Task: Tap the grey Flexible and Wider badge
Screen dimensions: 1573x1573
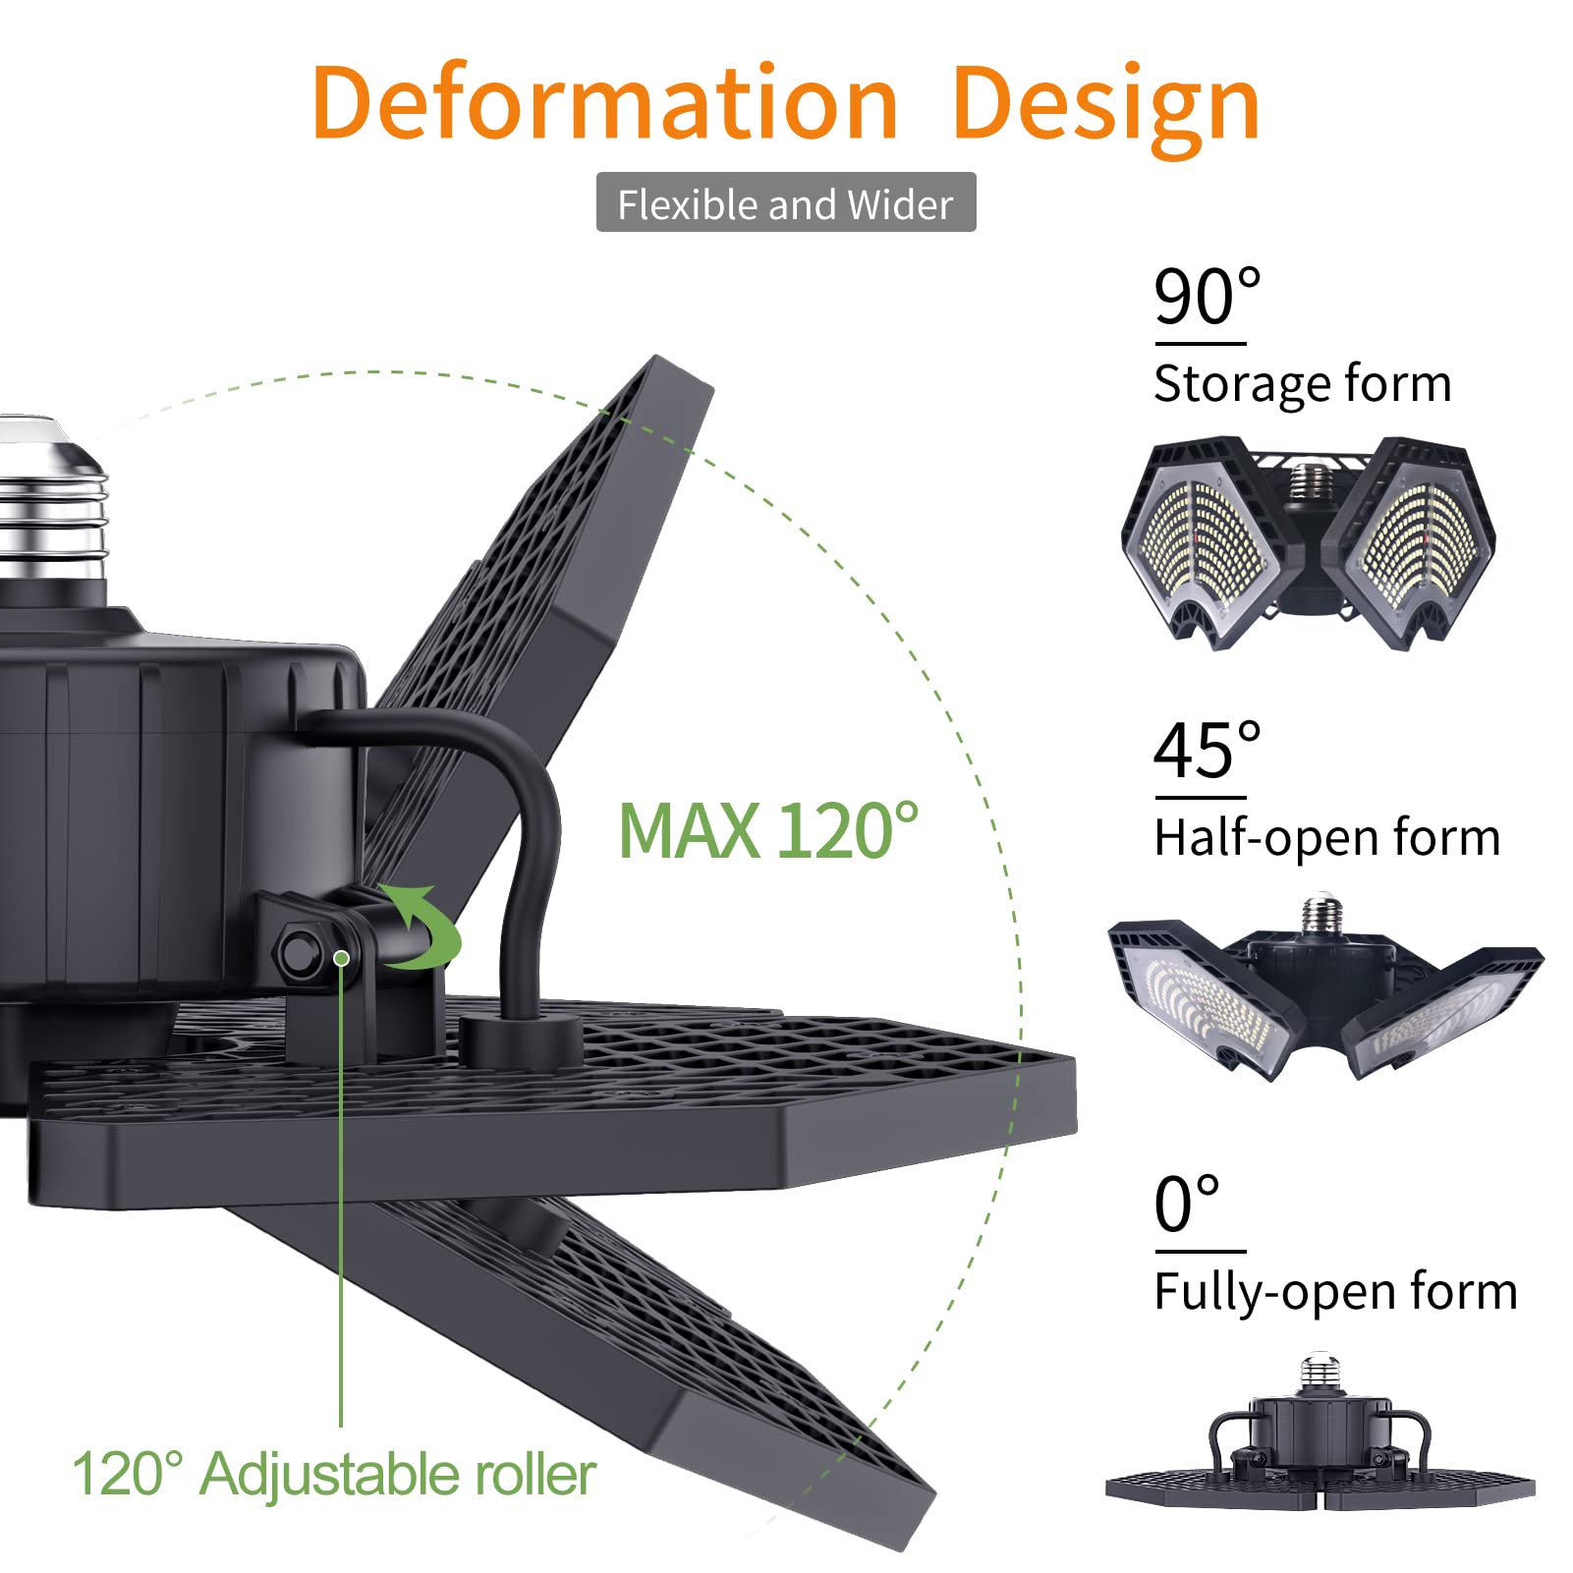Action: point(786,203)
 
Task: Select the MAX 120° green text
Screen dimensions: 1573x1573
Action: point(768,831)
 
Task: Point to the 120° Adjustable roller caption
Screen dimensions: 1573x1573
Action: point(334,1474)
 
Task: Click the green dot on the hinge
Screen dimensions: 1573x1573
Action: point(341,958)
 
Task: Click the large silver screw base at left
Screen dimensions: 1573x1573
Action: point(49,511)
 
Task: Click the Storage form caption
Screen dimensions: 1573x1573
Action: point(1302,384)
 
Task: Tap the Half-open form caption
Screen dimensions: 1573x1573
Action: point(1326,838)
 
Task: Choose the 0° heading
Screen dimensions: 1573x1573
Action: point(1187,1205)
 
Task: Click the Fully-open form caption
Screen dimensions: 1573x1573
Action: point(1335,1292)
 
